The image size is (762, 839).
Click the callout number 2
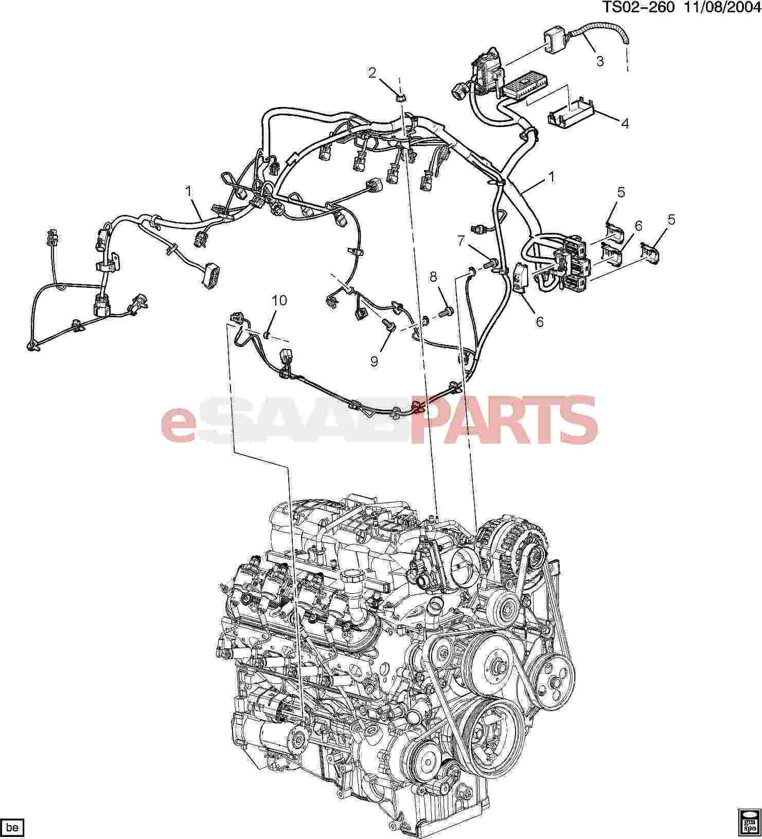[x=372, y=73]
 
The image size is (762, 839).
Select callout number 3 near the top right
[x=600, y=61]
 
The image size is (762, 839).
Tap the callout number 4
[x=625, y=124]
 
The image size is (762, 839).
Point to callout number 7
[x=461, y=240]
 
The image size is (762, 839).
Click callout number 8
[x=434, y=278]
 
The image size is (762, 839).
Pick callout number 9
[x=374, y=361]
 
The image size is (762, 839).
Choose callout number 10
[x=279, y=301]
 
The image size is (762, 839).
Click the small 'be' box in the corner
[x=13, y=828]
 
